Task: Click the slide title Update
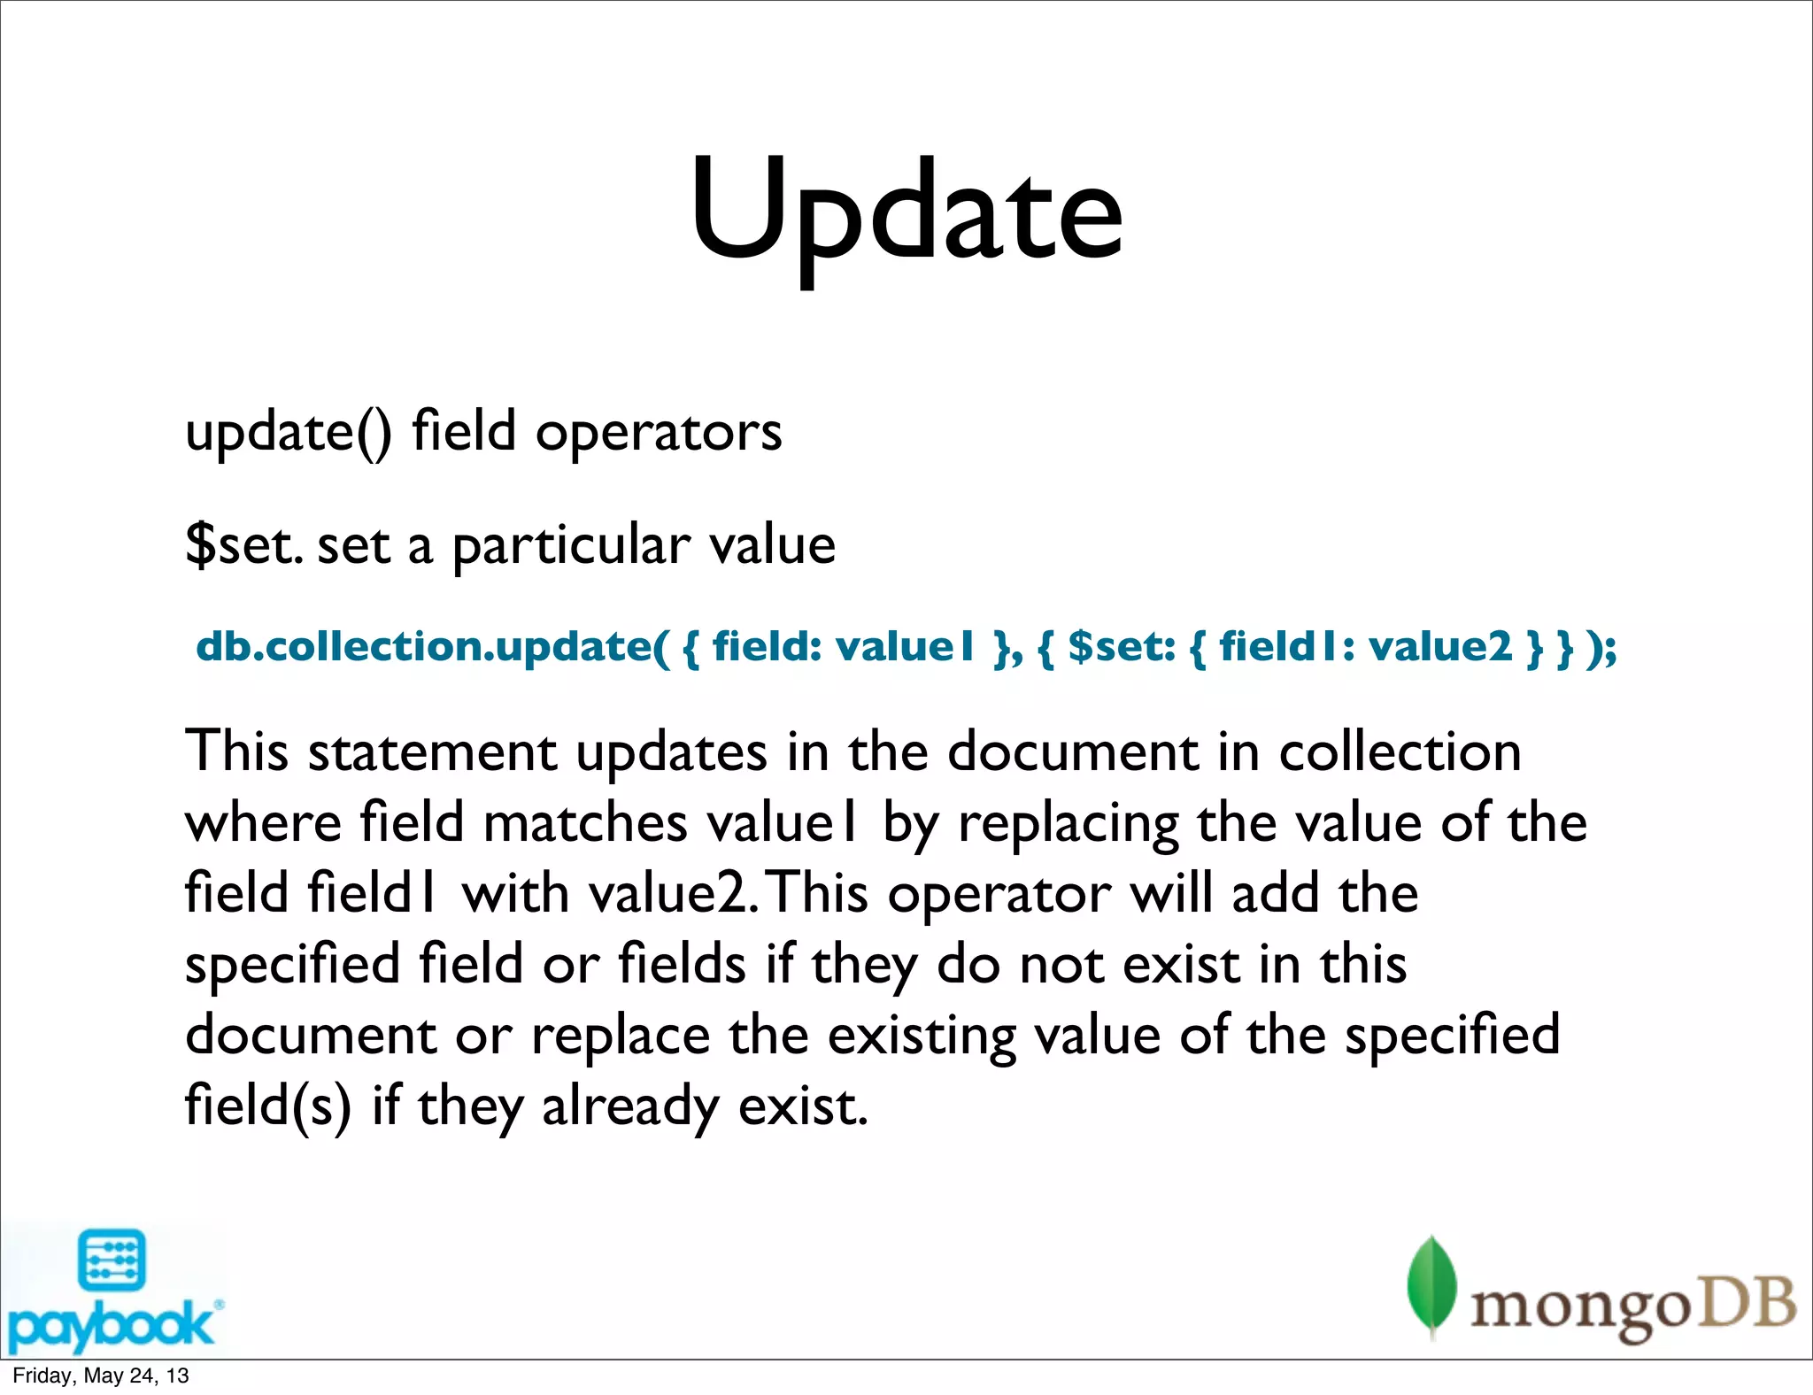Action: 906,212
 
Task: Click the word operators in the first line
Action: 659,433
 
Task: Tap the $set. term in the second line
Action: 244,544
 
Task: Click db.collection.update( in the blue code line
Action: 432,646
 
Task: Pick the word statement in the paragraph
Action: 432,752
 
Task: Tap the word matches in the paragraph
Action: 585,823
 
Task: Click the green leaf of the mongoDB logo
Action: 1431,1283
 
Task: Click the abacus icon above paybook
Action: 112,1260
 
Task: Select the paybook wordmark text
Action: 111,1325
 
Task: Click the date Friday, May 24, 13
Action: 101,1376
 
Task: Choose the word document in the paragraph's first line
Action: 1072,752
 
